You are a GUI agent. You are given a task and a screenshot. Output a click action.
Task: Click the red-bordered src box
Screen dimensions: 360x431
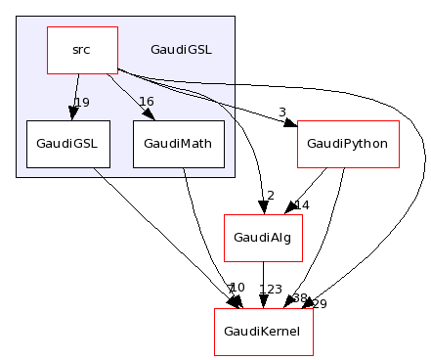83,50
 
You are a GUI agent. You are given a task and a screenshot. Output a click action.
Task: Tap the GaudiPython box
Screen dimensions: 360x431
348,144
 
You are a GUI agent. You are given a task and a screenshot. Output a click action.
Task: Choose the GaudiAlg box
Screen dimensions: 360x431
263,238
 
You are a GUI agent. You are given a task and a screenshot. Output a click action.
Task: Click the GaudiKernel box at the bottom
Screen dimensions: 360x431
264,332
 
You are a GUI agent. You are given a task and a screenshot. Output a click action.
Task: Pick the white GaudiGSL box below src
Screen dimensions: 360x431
68,144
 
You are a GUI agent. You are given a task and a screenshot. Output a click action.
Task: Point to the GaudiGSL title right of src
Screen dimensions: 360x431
181,49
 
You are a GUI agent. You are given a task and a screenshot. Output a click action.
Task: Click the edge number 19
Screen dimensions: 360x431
82,103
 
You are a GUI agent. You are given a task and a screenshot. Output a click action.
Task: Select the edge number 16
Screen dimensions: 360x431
147,103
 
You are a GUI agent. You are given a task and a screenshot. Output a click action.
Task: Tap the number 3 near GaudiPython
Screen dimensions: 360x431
281,112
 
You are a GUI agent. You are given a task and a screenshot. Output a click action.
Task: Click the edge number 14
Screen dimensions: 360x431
301,205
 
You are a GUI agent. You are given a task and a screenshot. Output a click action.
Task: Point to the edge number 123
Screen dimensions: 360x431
271,290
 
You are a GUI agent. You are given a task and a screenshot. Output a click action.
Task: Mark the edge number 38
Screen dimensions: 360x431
299,298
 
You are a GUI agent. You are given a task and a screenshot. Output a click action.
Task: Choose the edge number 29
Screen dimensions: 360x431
319,304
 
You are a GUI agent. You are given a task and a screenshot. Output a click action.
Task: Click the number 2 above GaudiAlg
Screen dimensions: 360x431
270,196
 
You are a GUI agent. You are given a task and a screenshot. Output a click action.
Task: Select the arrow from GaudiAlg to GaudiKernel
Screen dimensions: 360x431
263,284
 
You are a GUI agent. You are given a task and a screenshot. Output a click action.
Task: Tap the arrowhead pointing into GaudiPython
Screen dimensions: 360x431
290,123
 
